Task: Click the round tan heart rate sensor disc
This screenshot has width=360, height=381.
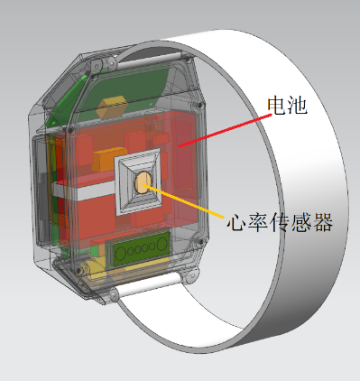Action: coord(143,182)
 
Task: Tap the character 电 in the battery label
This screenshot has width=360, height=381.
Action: coord(277,105)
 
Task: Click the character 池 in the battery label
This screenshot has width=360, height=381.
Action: coord(297,105)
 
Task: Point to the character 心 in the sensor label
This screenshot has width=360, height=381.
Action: coord(237,222)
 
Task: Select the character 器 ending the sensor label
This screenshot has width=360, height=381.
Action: coord(323,222)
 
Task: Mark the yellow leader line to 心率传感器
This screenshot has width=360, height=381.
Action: coord(183,200)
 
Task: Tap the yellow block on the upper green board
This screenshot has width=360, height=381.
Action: coord(111,107)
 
